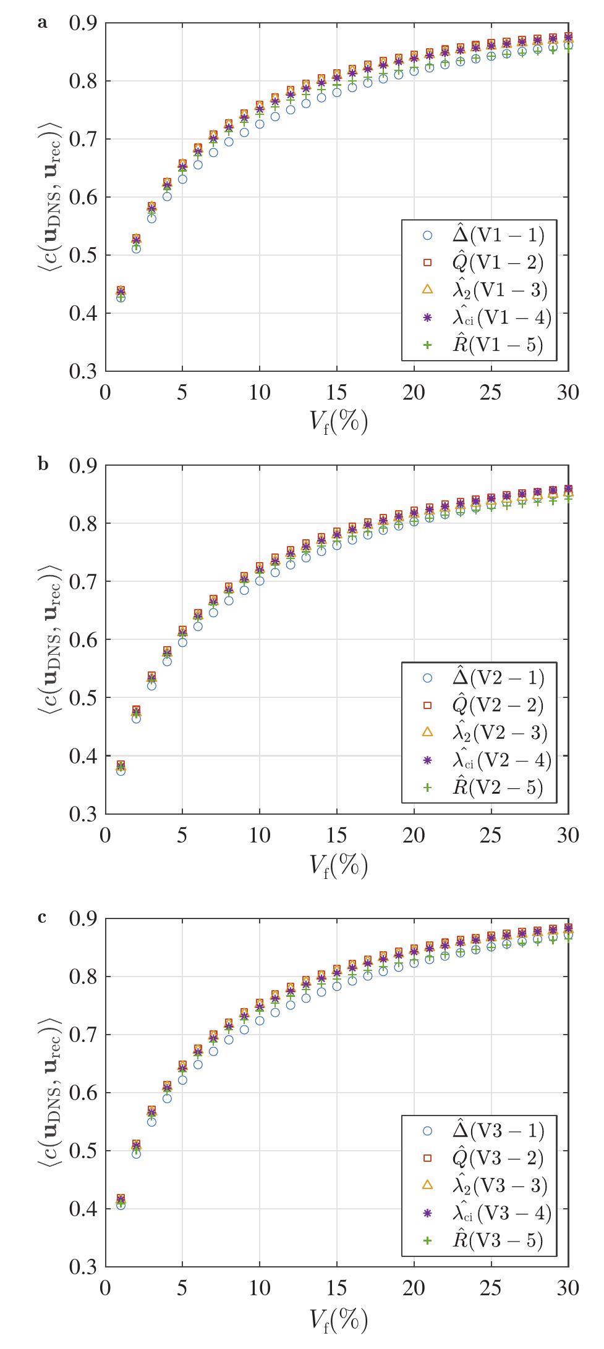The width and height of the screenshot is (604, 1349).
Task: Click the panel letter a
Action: (42, 23)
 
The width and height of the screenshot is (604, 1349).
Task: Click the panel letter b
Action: (43, 464)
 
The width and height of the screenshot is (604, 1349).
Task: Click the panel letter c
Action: (42, 917)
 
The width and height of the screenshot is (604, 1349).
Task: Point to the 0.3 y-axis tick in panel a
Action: (83, 372)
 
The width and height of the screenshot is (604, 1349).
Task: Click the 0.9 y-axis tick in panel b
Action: (83, 466)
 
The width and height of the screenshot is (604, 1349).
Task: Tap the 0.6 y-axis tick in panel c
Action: (83, 1093)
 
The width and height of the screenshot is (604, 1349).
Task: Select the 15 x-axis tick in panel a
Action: (337, 393)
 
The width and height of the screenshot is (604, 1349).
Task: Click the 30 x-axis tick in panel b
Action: (568, 835)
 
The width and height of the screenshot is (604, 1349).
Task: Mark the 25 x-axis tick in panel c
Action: (491, 1288)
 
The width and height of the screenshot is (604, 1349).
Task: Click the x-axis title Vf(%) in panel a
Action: (338, 422)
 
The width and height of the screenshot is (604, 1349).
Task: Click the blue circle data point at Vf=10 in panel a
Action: (260, 124)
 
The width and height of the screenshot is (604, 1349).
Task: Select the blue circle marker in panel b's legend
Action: (427, 678)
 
